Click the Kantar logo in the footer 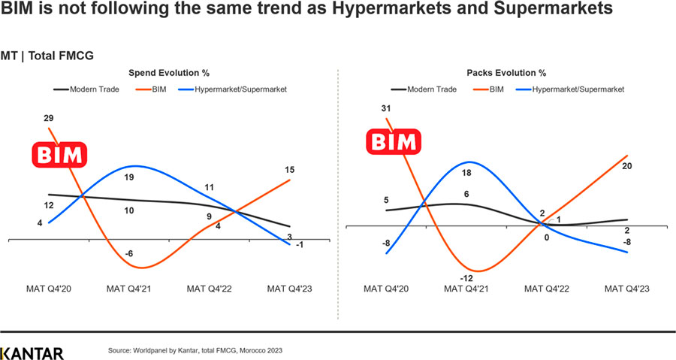[32, 352]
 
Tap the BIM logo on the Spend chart [59, 155]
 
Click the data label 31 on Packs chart [386, 109]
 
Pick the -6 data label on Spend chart [129, 254]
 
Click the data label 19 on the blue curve [129, 177]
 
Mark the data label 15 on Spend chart [289, 171]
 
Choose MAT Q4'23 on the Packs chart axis [629, 288]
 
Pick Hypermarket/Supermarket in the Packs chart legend [578, 89]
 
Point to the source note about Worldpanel [195, 351]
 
